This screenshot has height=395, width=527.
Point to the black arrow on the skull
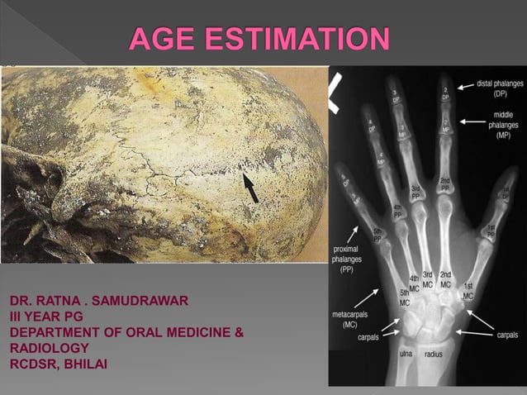point(254,188)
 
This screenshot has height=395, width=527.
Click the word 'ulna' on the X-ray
point(406,353)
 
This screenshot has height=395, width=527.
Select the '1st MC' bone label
point(468,290)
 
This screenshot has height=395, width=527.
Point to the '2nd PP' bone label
point(444,184)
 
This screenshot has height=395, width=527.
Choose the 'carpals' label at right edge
point(507,335)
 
